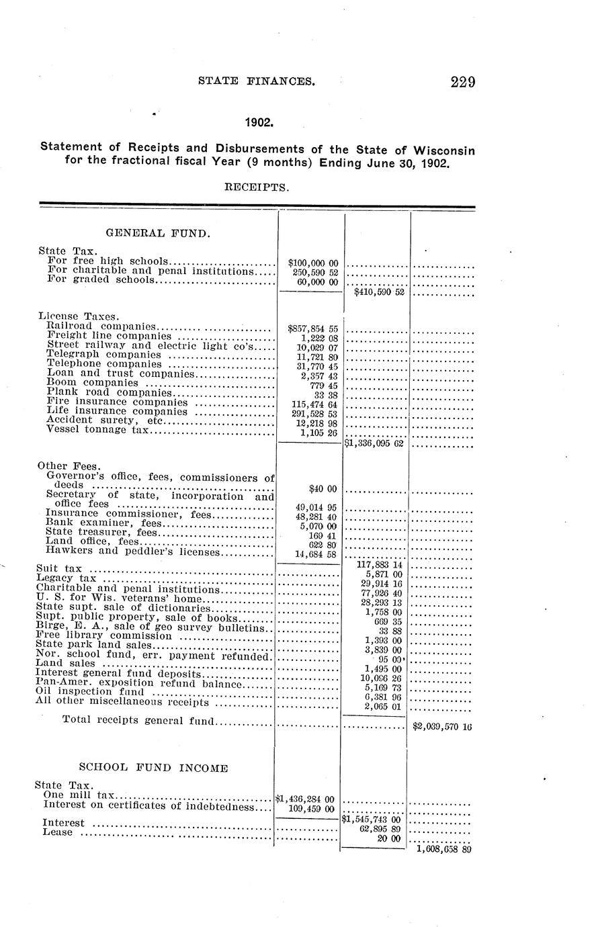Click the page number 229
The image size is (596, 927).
pos(463,83)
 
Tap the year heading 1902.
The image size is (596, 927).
pos(258,123)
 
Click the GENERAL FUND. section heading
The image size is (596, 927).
pos(159,234)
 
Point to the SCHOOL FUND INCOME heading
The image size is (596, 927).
pos(153,767)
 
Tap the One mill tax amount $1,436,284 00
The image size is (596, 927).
pos(306,799)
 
